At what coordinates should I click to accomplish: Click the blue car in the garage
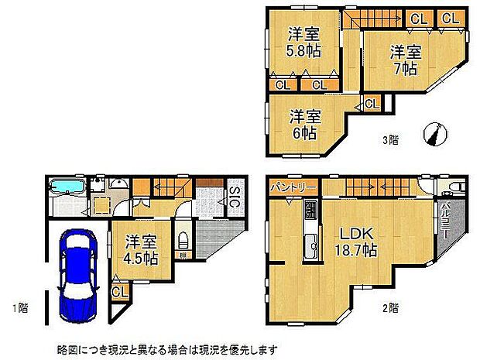point(77,275)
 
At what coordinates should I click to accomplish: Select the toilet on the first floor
point(183,238)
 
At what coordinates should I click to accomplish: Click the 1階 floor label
point(19,308)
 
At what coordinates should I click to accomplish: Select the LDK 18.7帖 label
point(355,242)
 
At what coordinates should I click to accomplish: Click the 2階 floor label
point(390,308)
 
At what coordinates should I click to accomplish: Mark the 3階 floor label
point(390,140)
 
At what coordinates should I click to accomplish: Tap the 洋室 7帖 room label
point(405,60)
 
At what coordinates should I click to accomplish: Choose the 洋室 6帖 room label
point(305,125)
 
